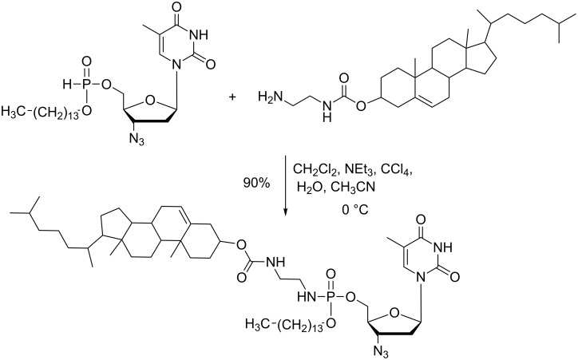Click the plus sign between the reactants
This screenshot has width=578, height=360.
point(234,97)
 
